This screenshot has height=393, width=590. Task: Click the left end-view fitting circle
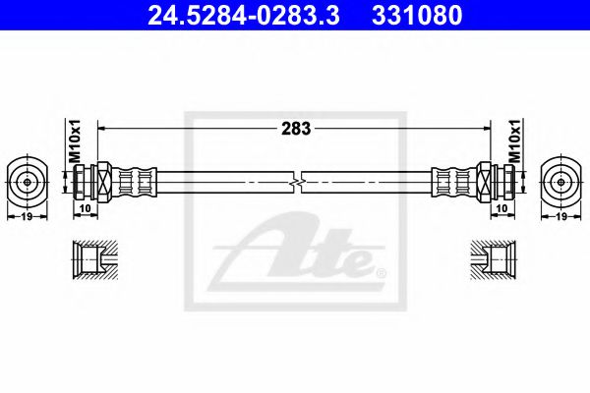click(x=27, y=181)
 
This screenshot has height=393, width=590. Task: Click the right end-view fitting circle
click(x=562, y=181)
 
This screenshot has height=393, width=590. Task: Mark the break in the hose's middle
click(x=296, y=182)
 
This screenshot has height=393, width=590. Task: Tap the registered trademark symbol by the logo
click(x=381, y=270)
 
